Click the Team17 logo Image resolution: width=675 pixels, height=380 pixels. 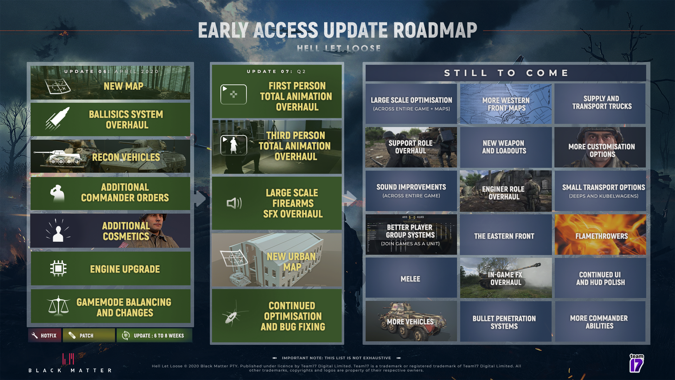click(x=636, y=363)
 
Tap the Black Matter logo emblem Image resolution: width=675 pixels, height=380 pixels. click(x=68, y=359)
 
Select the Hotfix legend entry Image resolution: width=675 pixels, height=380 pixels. click(x=45, y=335)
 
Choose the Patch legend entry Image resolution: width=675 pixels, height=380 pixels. click(x=89, y=335)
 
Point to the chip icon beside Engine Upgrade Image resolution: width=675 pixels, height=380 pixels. click(x=58, y=268)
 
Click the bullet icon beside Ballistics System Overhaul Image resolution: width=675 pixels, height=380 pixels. click(x=58, y=119)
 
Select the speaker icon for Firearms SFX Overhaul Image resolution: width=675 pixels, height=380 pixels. click(x=234, y=203)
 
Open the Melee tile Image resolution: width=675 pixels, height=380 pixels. click(x=411, y=278)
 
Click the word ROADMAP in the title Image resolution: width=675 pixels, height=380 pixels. click(x=435, y=30)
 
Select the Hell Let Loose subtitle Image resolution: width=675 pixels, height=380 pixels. click(x=339, y=48)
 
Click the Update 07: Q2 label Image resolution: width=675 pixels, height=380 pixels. click(x=276, y=71)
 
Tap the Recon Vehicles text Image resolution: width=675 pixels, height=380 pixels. click(x=126, y=157)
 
